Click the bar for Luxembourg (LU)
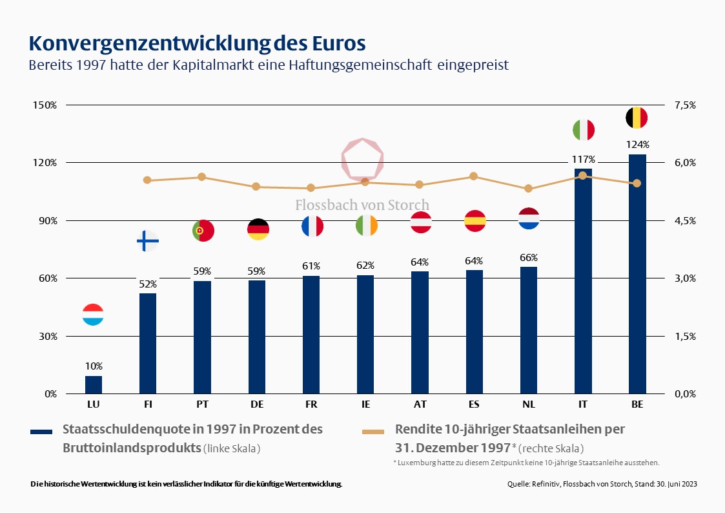tap(94, 385)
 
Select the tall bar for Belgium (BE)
tap(637, 274)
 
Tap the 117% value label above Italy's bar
tap(582, 159)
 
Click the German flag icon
tap(258, 229)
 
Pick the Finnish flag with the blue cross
tap(148, 242)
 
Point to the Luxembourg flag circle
tap(94, 315)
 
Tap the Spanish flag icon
tap(475, 221)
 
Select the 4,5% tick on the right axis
tap(685, 220)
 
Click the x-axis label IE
tap(366, 404)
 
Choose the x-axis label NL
tap(529, 404)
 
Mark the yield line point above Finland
tap(147, 180)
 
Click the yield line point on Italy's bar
tap(582, 176)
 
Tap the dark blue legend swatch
tap(42, 431)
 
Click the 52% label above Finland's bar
tap(148, 284)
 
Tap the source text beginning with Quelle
tap(602, 484)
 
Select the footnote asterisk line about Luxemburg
tap(526, 463)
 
